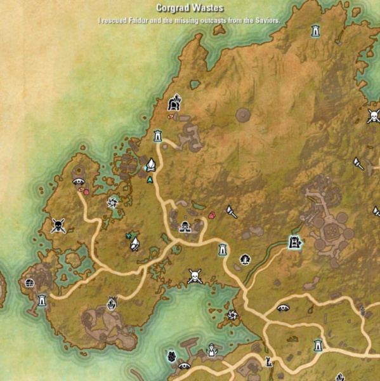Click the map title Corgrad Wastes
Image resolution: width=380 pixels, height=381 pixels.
coord(189,8)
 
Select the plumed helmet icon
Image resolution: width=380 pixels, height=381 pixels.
coord(174,102)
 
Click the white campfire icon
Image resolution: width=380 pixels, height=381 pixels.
coord(151,165)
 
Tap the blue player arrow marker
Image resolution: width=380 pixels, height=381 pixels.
coord(150,180)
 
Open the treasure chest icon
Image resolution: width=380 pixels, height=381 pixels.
coord(29,283)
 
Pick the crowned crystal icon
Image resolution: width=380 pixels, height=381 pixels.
coord(112,303)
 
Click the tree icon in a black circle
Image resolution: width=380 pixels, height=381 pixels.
coord(245,259)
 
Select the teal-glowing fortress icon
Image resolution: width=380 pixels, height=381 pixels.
coord(294,241)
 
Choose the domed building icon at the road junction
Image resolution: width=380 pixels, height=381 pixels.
coord(185,226)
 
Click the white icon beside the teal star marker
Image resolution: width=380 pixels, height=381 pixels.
coord(134,243)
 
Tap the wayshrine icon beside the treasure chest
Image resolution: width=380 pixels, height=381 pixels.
coord(42,300)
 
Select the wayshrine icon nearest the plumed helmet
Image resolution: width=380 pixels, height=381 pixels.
coord(158,135)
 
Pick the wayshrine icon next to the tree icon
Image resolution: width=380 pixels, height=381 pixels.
coord(223,250)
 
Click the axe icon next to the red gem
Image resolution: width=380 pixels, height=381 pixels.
coord(232,211)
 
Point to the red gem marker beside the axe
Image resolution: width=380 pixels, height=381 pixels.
coord(212,215)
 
